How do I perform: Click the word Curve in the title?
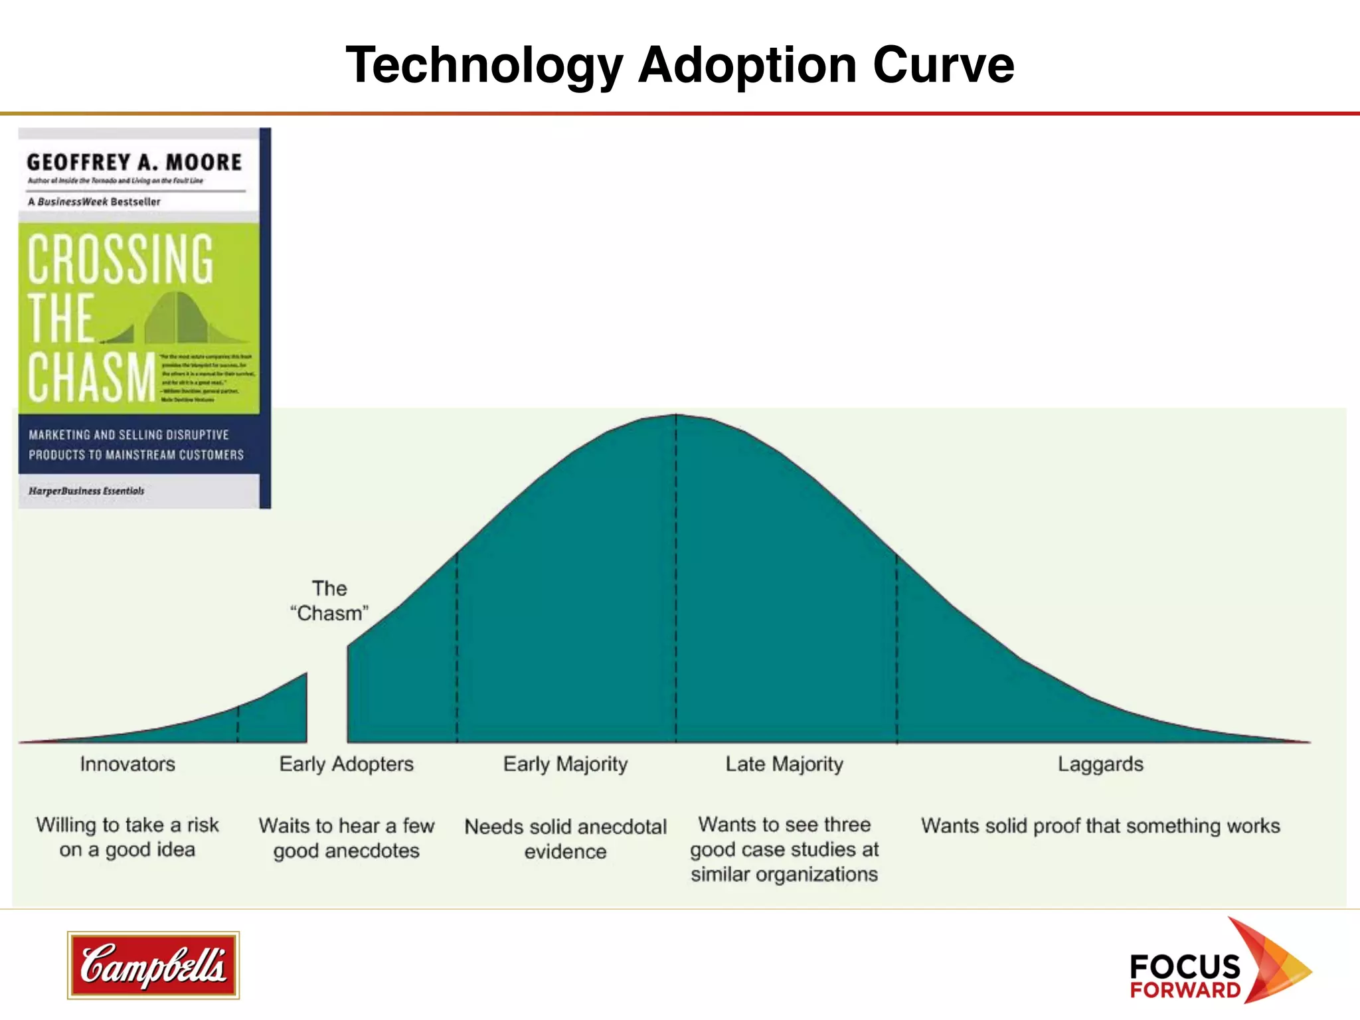coord(943,65)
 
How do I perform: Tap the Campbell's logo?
coord(153,965)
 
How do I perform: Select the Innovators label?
coord(127,764)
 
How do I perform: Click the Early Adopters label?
coord(346,764)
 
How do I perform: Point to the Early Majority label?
coord(565,764)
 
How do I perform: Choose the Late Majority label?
coord(784,764)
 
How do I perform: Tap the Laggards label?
coord(1100,764)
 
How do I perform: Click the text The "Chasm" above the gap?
coord(329,601)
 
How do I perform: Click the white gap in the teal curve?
coord(327,704)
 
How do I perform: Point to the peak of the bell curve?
coord(676,416)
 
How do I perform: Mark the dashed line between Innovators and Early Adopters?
coord(238,724)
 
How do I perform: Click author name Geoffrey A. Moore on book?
coord(134,162)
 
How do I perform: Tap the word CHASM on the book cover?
coord(92,377)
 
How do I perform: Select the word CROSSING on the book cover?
coord(121,259)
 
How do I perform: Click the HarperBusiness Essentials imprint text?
coord(86,491)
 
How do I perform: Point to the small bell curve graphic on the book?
coord(176,319)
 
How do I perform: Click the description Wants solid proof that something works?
coord(1100,825)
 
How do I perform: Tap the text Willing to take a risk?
coord(127,825)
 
